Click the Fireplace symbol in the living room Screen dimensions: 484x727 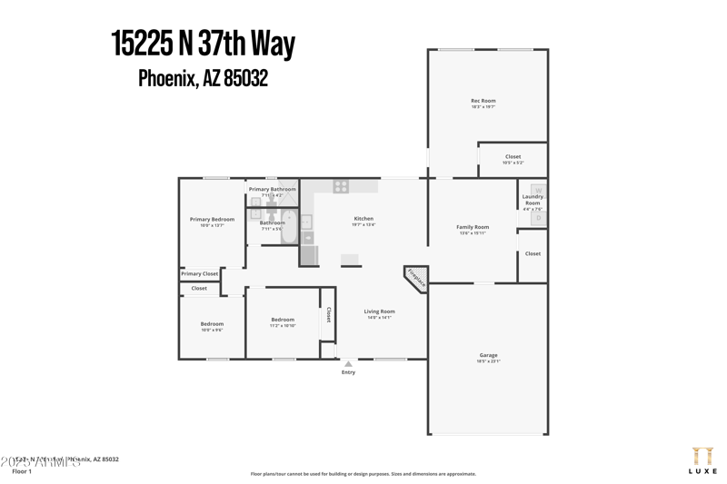point(415,280)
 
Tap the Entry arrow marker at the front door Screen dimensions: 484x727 point(348,364)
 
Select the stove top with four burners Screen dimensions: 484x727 point(341,186)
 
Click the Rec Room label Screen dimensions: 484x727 point(483,101)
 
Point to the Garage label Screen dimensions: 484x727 point(488,355)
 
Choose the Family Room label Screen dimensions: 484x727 point(473,227)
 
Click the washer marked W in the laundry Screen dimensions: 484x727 point(538,191)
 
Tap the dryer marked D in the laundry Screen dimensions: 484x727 point(538,218)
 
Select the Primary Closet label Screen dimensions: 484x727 point(199,273)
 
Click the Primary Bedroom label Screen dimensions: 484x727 point(212,219)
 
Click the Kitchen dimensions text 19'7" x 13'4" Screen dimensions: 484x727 point(363,224)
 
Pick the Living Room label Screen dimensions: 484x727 point(379,311)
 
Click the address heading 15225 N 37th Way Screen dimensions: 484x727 point(203,44)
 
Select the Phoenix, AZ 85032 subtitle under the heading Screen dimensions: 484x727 point(203,79)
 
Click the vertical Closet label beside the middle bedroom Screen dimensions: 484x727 point(328,314)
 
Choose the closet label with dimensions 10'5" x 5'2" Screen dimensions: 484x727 point(513,160)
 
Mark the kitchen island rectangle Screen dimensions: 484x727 point(351,261)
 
